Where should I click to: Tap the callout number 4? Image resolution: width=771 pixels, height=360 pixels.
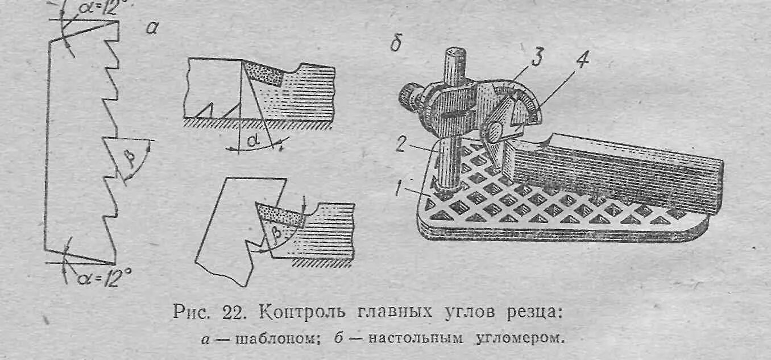pyautogui.click(x=582, y=63)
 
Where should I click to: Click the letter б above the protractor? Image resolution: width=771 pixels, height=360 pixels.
pyautogui.click(x=397, y=44)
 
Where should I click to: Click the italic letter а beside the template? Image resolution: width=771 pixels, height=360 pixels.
pyautogui.click(x=151, y=28)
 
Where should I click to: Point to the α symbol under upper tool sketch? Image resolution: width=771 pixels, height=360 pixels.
pyautogui.click(x=249, y=139)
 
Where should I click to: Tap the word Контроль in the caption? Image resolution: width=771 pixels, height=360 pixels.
pyautogui.click(x=299, y=312)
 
